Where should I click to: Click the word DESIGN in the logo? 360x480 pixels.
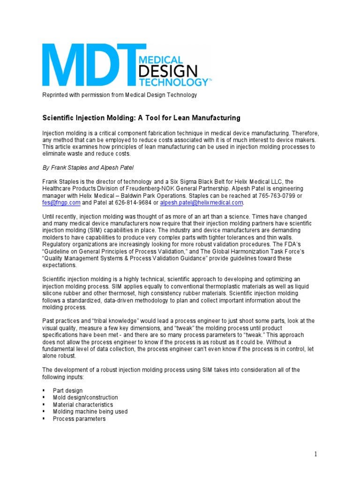point(167,72)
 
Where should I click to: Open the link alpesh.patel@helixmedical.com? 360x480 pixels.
point(202,202)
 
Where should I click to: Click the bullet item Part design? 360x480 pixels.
point(67,390)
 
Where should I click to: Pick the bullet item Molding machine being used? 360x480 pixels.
point(90,412)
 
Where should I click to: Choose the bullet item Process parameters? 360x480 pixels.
point(79,419)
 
